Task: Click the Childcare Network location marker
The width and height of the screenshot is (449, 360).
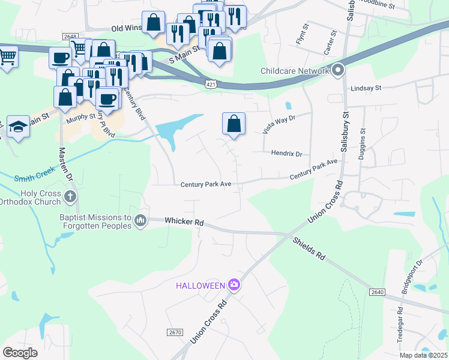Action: click(338, 71)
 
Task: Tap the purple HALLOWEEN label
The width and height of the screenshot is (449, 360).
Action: click(200, 285)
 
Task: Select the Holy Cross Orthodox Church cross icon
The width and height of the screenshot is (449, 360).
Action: click(70, 196)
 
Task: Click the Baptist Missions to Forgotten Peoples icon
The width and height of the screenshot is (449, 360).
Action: click(140, 221)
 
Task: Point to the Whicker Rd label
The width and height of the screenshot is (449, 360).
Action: click(184, 222)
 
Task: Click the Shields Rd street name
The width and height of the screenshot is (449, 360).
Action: click(309, 248)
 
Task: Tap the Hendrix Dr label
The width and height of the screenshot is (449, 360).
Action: click(286, 154)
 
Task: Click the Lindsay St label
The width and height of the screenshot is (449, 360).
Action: click(366, 88)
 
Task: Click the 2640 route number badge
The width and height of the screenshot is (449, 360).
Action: click(376, 292)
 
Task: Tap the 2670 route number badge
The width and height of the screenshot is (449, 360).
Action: click(174, 332)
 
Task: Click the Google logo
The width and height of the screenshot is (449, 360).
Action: click(20, 352)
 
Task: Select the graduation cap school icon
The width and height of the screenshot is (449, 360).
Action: click(19, 127)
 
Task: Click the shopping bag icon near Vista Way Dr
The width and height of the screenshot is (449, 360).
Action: click(234, 124)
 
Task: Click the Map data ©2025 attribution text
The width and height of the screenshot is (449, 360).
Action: click(423, 355)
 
